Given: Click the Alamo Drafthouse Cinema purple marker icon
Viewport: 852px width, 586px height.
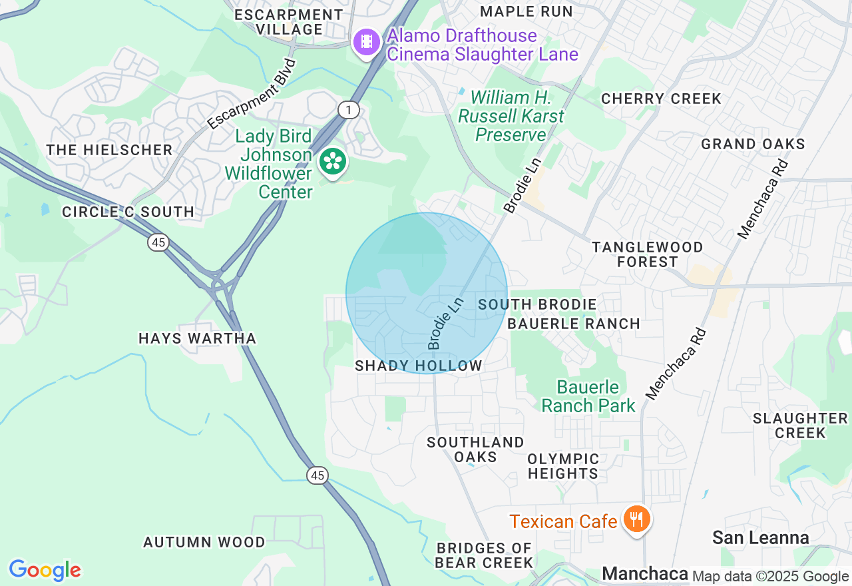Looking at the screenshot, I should pyautogui.click(x=366, y=43).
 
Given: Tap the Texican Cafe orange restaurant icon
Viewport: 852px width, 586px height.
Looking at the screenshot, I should pyautogui.click(x=636, y=519).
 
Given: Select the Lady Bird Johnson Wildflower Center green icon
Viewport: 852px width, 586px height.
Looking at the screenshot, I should pyautogui.click(x=332, y=162).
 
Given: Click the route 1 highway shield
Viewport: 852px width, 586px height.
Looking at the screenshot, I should pyautogui.click(x=348, y=109).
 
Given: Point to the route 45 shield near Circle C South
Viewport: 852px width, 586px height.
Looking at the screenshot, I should pyautogui.click(x=158, y=242).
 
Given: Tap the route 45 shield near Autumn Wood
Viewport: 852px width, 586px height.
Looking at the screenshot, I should pyautogui.click(x=318, y=475).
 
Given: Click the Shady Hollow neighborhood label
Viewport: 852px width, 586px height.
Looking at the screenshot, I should pyautogui.click(x=418, y=366).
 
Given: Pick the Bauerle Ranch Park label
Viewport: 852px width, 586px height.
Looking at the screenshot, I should pyautogui.click(x=588, y=396).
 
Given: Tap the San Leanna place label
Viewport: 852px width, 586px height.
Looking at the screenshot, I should pyautogui.click(x=760, y=537).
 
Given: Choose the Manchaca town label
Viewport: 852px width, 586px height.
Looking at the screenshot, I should pyautogui.click(x=644, y=573).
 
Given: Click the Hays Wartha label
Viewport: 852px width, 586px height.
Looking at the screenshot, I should pyautogui.click(x=197, y=338).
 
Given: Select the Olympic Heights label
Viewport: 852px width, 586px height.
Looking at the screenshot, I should pyautogui.click(x=563, y=466).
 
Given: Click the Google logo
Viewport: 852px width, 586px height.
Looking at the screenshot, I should pyautogui.click(x=45, y=570).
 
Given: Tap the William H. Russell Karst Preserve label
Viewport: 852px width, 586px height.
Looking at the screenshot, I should pyautogui.click(x=511, y=117).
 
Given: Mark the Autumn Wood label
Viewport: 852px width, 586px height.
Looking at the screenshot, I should pyautogui.click(x=204, y=543).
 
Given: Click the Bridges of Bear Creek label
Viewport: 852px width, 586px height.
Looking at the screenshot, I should pyautogui.click(x=484, y=555).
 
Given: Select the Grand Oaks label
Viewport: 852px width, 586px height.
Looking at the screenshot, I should pyautogui.click(x=753, y=144).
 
